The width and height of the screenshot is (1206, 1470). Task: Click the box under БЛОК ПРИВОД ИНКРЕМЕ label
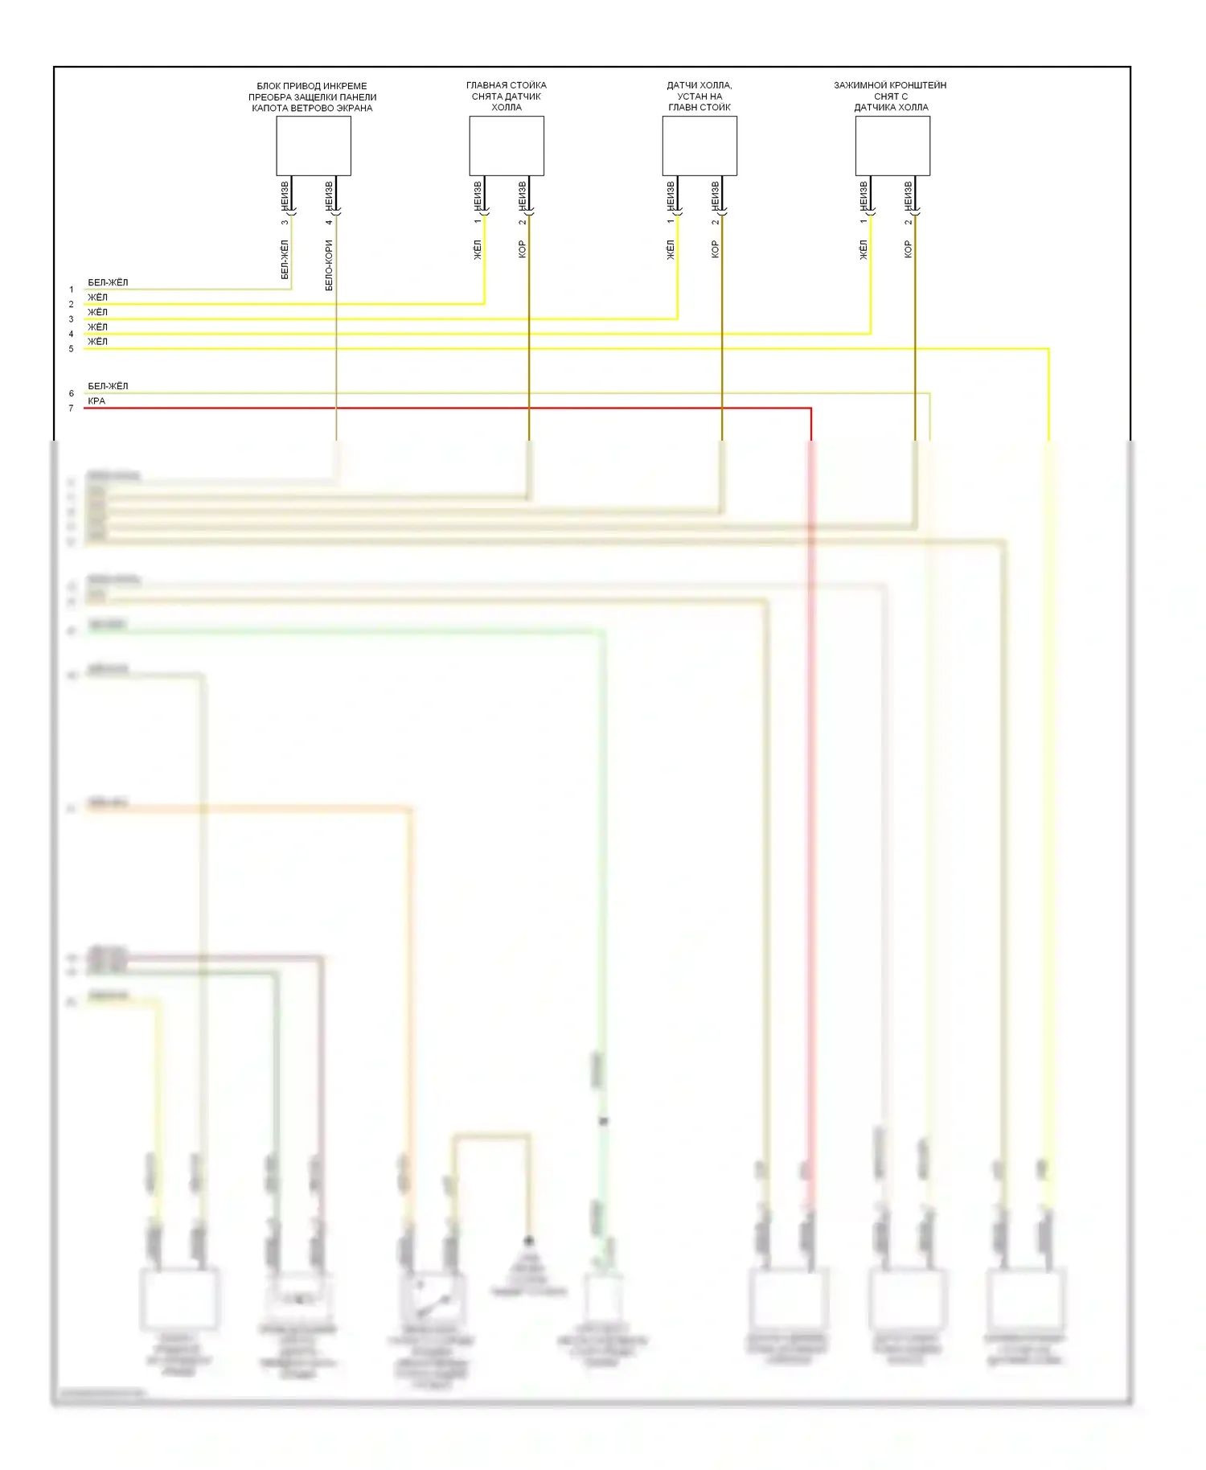pyautogui.click(x=314, y=146)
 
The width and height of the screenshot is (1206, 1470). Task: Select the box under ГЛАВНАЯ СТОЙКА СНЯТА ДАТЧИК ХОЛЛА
pyautogui.click(x=507, y=146)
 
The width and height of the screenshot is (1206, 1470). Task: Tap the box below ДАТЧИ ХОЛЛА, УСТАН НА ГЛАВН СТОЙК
pyautogui.click(x=699, y=146)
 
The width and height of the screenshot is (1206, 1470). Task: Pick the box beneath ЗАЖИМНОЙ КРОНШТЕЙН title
pyautogui.click(x=892, y=146)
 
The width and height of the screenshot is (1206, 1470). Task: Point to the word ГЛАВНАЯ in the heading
pyautogui.click(x=485, y=85)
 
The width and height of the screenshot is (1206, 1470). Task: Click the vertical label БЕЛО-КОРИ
pyautogui.click(x=329, y=265)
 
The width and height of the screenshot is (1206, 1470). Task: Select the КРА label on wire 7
pyautogui.click(x=96, y=400)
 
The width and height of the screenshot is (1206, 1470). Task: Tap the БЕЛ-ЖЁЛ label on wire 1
pyautogui.click(x=108, y=282)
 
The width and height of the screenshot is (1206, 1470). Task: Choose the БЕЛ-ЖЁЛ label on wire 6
pyautogui.click(x=108, y=386)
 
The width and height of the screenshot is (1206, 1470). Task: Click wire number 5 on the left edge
pyautogui.click(x=71, y=349)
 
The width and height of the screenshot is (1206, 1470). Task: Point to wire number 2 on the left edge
pyautogui.click(x=71, y=304)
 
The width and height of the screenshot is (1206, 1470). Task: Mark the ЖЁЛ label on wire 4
pyautogui.click(x=97, y=326)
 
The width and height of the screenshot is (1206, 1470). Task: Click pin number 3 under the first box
pyautogui.click(x=285, y=222)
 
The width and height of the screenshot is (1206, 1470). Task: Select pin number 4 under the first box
pyautogui.click(x=329, y=222)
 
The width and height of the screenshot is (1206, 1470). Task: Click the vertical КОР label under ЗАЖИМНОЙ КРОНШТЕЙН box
pyautogui.click(x=909, y=249)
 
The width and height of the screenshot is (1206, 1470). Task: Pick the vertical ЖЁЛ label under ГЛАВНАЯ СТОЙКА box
pyautogui.click(x=478, y=249)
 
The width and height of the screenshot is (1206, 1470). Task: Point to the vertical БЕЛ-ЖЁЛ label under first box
pyautogui.click(x=285, y=260)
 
